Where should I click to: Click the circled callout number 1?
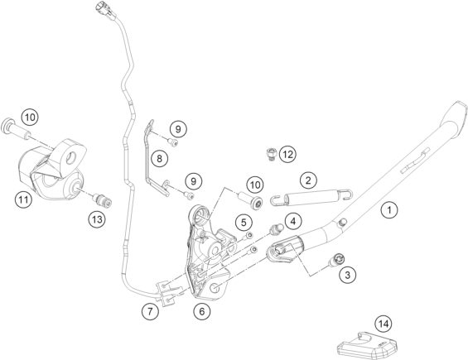[389, 210]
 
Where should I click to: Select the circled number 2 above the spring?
[308, 180]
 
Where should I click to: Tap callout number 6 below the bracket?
[202, 312]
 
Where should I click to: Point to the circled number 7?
[150, 311]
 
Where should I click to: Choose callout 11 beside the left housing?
[23, 199]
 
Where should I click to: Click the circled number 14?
[384, 324]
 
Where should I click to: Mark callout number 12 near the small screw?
[287, 154]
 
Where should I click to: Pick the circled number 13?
[97, 220]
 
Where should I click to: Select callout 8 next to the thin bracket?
[159, 158]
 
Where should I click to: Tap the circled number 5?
[244, 222]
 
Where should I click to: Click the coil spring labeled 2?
[312, 199]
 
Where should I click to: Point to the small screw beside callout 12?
[270, 154]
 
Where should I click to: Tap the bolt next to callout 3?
[335, 260]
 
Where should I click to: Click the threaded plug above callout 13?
[102, 200]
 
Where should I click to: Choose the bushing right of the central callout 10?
[251, 201]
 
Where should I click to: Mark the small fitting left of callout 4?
[275, 228]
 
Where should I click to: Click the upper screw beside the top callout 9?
[172, 142]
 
